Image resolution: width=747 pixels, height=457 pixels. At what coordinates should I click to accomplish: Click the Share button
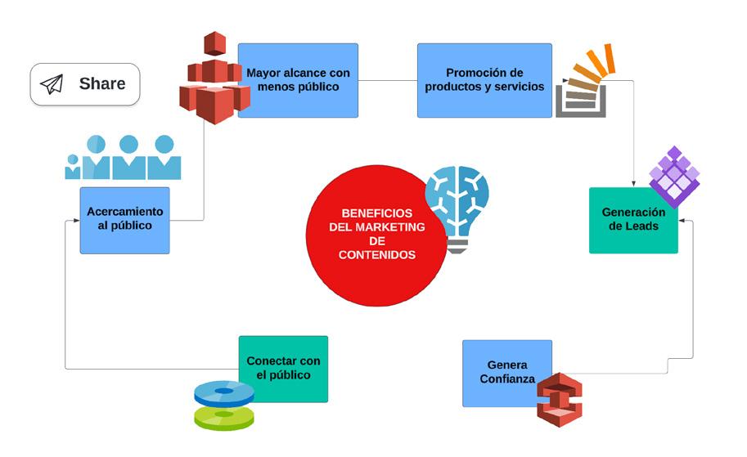point(84,84)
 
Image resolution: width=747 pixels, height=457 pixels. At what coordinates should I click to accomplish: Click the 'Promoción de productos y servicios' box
point(484,80)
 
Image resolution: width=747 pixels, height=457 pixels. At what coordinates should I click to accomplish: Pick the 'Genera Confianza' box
point(502,372)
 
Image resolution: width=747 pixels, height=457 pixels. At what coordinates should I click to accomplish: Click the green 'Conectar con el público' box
point(284,368)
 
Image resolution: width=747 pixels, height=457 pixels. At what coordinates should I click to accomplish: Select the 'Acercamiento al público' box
point(124,220)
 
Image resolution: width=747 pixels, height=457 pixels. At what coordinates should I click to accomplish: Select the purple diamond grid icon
point(673,176)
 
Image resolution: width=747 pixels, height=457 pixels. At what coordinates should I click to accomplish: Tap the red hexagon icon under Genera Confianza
point(559,397)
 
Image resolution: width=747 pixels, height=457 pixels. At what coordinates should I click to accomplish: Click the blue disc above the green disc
point(223,392)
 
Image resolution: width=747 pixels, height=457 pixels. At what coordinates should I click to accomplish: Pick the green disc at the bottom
point(223,418)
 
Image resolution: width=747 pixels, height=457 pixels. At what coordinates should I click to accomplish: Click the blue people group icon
point(123,157)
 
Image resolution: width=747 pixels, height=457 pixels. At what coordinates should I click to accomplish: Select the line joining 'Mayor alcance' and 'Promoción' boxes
point(388,80)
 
